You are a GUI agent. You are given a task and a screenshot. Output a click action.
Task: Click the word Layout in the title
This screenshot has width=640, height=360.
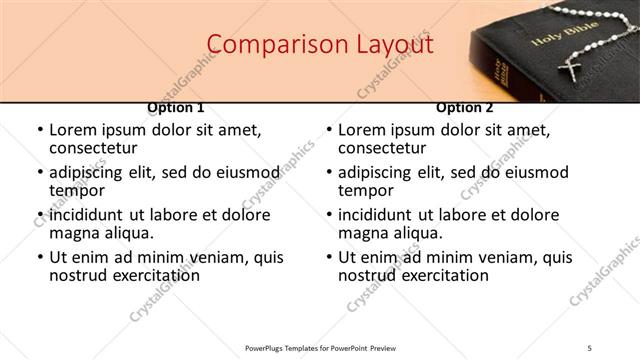click(x=394, y=45)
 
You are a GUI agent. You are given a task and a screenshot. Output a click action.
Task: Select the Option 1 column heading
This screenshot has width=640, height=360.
click(x=175, y=108)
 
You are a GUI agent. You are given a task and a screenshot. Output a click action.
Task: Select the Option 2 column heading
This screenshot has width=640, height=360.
click(x=465, y=108)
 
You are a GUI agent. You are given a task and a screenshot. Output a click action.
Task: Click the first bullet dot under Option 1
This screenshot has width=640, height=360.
click(x=39, y=130)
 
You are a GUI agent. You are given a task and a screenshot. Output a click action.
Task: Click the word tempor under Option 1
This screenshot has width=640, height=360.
click(x=76, y=190)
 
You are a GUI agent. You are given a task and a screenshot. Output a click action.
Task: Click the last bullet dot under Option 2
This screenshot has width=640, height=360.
click(x=328, y=258)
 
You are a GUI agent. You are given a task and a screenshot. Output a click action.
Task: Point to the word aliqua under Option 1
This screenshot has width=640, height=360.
click(x=127, y=233)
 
